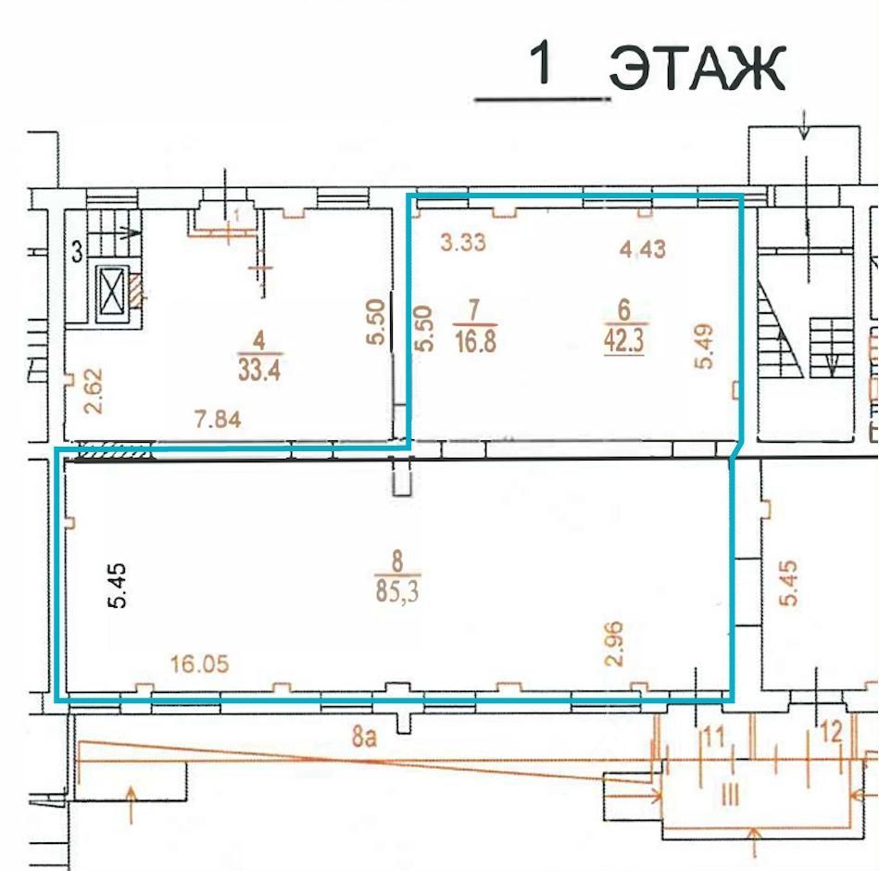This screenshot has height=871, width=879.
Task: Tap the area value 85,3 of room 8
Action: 397,591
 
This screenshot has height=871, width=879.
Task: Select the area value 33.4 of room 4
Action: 259,370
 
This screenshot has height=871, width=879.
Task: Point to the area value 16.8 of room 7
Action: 475,341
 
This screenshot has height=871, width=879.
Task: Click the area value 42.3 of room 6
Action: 624,340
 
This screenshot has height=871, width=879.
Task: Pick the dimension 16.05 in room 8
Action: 199,664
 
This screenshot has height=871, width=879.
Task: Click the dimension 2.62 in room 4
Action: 94,383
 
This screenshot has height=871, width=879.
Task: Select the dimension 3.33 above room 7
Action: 463,242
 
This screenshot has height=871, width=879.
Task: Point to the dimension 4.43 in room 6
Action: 643,249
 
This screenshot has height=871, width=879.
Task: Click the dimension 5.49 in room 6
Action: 704,347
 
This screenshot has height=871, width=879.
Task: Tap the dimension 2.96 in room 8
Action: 614,643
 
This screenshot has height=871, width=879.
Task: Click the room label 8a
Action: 364,737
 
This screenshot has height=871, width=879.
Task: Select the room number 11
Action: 714,737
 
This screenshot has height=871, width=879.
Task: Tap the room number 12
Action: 832,732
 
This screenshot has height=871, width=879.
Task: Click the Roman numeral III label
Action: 729,794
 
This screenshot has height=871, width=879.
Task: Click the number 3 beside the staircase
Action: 78,251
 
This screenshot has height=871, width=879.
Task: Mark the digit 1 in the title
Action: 542,62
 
